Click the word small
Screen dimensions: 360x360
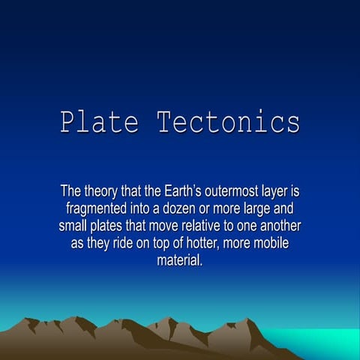pyautogui.click(x=74, y=226)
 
